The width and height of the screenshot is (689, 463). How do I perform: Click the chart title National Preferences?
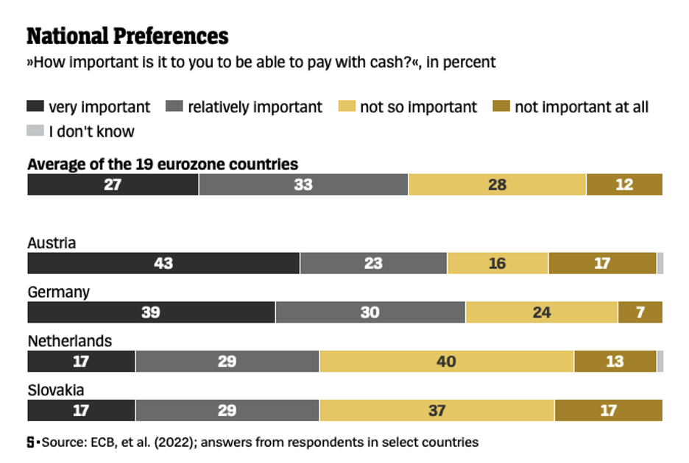pos(127,36)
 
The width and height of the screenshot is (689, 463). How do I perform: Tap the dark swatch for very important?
pos(35,107)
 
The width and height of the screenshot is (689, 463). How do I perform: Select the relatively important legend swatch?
pos(174,107)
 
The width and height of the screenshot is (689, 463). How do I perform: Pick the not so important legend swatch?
pos(347,107)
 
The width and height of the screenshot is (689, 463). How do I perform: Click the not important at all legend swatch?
pos(501,107)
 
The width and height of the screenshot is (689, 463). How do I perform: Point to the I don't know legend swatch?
pos(35,132)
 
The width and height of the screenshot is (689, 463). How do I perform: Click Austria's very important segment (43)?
pos(163,263)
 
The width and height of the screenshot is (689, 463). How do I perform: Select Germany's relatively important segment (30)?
pos(370,312)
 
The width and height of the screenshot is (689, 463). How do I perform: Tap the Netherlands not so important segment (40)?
pos(446,362)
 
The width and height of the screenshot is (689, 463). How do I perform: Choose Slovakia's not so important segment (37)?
pos(437,411)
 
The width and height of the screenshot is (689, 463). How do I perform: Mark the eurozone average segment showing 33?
pos(303,184)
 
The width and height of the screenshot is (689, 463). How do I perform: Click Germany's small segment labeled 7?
pos(640,312)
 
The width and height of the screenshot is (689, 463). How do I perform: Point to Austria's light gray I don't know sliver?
pos(660,263)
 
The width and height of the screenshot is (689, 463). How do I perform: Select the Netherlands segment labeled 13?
pos(615,362)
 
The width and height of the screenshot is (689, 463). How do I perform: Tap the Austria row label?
pos(52,243)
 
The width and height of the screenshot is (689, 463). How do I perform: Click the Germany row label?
pos(58,292)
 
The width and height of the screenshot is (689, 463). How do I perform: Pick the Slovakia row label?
pos(55,390)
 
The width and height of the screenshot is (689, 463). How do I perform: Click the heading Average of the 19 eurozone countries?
pos(163,164)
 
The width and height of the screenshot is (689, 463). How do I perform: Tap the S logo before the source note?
pos(31,442)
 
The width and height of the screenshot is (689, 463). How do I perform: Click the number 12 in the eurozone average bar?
pos(624,184)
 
